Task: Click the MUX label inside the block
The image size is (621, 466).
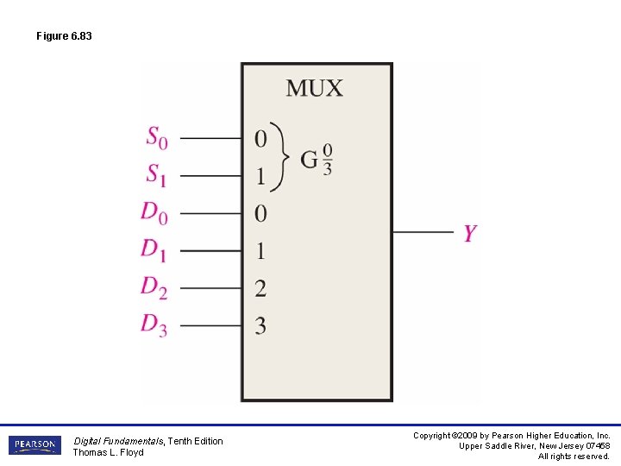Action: point(314,88)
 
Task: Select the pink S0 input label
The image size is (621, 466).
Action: point(156,137)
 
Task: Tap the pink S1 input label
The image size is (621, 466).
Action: point(156,175)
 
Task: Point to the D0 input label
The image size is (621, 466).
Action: point(154,212)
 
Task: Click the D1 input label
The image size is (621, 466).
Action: point(154,250)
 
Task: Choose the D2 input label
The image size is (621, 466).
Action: point(154,288)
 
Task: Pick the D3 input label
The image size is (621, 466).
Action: point(154,325)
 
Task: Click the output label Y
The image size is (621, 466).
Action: point(469,233)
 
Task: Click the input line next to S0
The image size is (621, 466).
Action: point(210,138)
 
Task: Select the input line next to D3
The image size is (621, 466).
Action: point(210,326)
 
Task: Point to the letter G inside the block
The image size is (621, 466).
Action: point(309,159)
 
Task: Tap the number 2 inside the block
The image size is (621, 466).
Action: point(260,288)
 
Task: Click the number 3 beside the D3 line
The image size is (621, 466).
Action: point(260,326)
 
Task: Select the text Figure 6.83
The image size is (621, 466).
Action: point(64,36)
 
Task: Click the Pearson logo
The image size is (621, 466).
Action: point(34,445)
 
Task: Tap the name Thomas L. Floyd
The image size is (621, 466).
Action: point(108,452)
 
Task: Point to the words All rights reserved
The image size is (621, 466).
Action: point(574,457)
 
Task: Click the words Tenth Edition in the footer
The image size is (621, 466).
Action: point(195,441)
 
